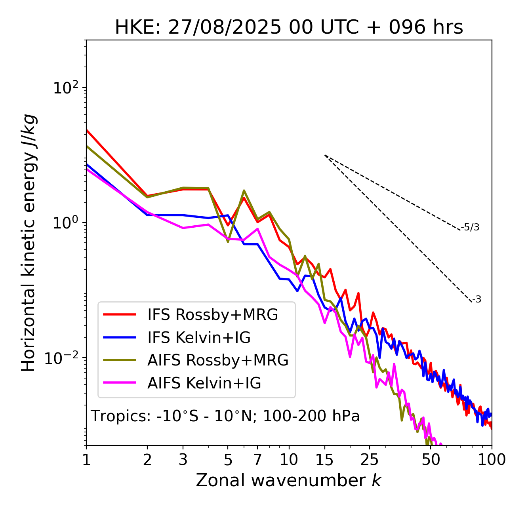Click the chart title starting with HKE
[x=289, y=28]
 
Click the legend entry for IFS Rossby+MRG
[x=212, y=315]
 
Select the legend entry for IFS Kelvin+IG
[x=199, y=338]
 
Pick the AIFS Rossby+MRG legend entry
[x=218, y=360]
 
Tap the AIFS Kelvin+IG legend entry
[x=204, y=383]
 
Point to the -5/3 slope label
[x=470, y=228]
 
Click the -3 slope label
[x=477, y=300]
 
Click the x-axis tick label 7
[x=257, y=460]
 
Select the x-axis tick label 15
[x=324, y=460]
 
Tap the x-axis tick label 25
[x=370, y=460]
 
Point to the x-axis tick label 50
[x=431, y=460]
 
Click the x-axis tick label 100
[x=491, y=460]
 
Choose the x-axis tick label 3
[x=183, y=460]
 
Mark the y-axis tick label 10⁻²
[x=63, y=358]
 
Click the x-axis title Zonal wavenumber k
[x=289, y=481]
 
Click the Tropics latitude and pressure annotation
[x=225, y=417]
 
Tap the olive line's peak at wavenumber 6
[x=244, y=190]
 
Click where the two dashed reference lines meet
[x=325, y=155]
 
